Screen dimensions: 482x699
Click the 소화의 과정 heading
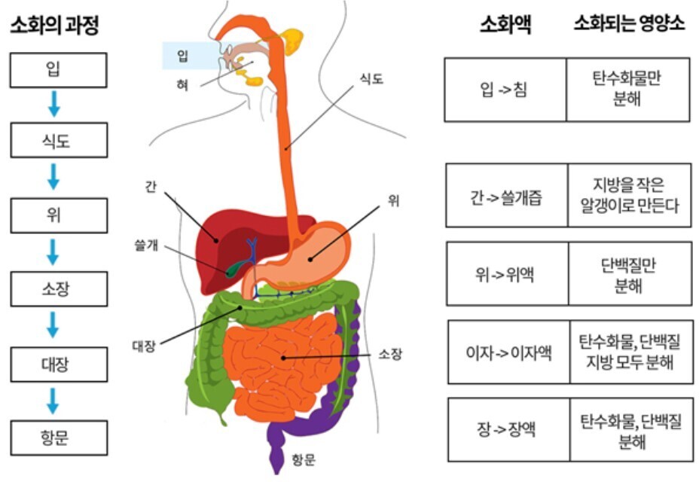[x=53, y=27]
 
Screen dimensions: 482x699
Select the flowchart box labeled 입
[x=58, y=70]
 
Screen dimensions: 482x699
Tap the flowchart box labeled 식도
[x=58, y=141]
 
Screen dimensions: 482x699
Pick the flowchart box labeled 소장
[x=58, y=289]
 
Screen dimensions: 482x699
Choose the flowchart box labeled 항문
[x=58, y=438]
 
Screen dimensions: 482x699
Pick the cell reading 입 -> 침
[x=505, y=90]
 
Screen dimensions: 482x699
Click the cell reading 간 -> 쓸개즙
[x=506, y=195]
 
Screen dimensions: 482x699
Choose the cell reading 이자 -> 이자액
[x=508, y=352]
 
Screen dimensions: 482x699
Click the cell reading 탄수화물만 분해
[x=627, y=90]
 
